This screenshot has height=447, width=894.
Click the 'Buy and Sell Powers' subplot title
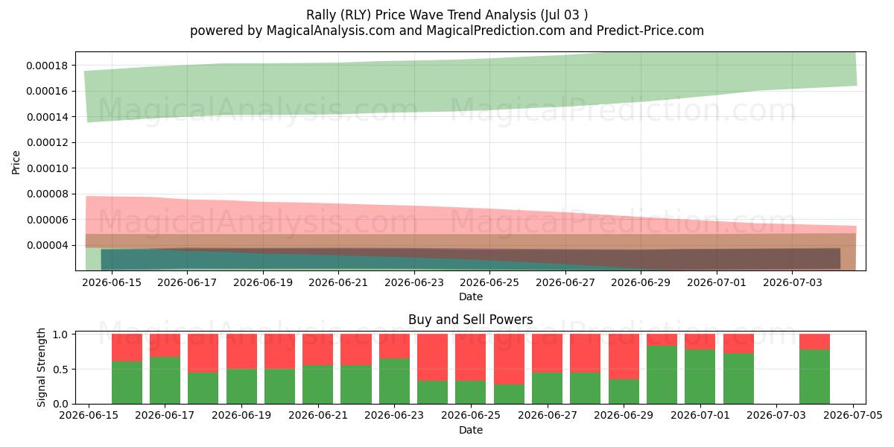471,320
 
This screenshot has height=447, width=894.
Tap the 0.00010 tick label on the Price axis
47,168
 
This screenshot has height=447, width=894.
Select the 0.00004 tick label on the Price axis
47,245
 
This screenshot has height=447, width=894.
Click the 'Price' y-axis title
16,162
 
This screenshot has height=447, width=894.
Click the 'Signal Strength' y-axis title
41,367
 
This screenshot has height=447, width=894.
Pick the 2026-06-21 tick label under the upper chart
338,282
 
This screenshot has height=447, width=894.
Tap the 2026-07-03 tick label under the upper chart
792,282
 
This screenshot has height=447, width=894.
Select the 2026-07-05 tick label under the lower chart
853,416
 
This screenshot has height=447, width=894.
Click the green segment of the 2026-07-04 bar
814,376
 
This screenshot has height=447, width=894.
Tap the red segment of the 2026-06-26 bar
509,359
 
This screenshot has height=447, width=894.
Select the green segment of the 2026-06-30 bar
662,375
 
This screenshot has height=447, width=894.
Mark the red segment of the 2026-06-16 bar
127,347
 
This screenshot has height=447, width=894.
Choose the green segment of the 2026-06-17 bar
165,381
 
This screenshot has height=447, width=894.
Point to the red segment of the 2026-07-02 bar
738,343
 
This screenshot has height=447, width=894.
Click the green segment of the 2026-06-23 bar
394,381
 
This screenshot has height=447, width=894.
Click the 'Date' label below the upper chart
471,297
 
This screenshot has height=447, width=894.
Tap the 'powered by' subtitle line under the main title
446,31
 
